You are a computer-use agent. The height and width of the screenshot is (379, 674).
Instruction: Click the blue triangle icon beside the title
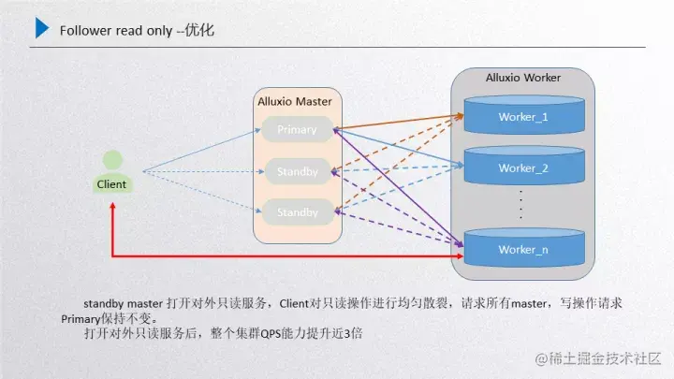42,28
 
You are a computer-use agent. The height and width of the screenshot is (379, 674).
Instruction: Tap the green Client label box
111,184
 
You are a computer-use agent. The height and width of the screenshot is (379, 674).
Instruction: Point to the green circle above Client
112,160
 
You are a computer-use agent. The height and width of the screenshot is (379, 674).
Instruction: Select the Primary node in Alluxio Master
298,130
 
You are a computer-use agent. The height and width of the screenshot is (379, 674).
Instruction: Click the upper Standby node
298,172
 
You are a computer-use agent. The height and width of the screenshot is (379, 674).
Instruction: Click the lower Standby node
298,212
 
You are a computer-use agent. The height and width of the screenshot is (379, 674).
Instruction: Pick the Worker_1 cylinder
522,117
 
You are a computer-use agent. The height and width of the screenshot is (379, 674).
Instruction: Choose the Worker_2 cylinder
522,168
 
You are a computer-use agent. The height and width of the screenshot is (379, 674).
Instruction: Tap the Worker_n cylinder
522,249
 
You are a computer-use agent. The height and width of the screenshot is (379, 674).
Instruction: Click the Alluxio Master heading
294,100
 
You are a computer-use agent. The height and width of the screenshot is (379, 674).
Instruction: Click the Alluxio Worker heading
523,77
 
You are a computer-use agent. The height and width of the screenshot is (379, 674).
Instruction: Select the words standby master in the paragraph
123,303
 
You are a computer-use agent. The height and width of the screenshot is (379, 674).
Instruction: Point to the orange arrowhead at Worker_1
461,116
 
